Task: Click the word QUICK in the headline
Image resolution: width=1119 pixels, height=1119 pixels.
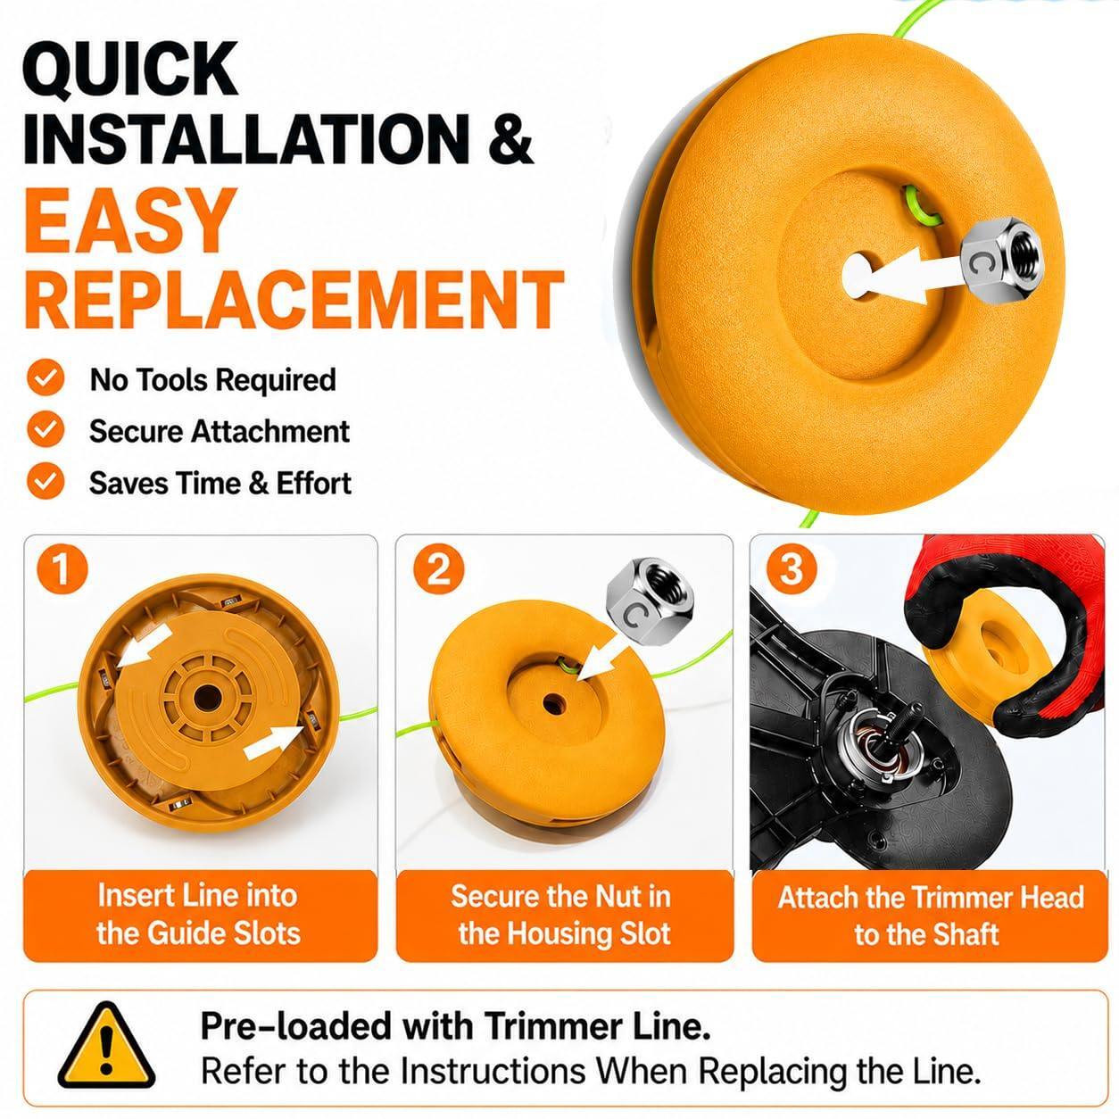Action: pyautogui.click(x=130, y=70)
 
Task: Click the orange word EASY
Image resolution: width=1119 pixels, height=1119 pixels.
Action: pyautogui.click(x=131, y=220)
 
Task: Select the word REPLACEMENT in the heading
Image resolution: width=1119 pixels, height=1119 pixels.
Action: pyautogui.click(x=294, y=300)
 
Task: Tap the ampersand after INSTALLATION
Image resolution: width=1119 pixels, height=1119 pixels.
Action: pyautogui.click(x=510, y=138)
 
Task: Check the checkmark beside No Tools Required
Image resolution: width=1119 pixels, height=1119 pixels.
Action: pyautogui.click(x=46, y=377)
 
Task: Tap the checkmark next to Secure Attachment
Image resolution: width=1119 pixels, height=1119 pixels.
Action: pyautogui.click(x=46, y=429)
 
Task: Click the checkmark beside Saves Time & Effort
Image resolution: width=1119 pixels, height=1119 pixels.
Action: pyautogui.click(x=46, y=481)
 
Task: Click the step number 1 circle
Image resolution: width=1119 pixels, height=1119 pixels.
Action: pyautogui.click(x=62, y=569)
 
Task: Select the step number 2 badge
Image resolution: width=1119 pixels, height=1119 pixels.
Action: pyautogui.click(x=438, y=569)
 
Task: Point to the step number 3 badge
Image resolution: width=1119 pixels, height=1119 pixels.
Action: pyautogui.click(x=792, y=569)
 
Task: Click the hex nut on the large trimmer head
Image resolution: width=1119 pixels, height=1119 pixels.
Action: pyautogui.click(x=1000, y=260)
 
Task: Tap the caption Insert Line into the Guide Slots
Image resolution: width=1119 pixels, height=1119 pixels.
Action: pyautogui.click(x=199, y=915)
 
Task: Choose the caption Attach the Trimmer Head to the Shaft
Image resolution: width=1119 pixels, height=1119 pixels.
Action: pyautogui.click(x=931, y=916)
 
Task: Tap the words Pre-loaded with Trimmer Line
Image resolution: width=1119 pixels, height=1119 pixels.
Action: pyautogui.click(x=456, y=1025)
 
